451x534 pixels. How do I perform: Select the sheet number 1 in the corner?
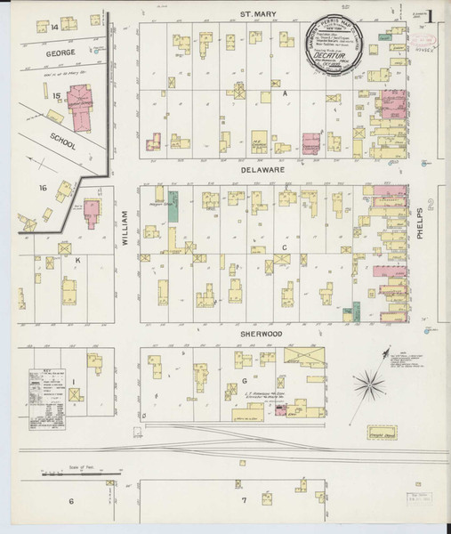[430, 15]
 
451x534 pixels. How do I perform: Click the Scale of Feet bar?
[80, 477]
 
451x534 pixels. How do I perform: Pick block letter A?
[286, 93]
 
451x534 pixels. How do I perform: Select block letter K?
[77, 259]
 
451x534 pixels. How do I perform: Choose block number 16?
[42, 187]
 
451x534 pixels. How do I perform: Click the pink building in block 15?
[77, 99]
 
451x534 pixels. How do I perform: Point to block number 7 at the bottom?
[243, 500]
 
